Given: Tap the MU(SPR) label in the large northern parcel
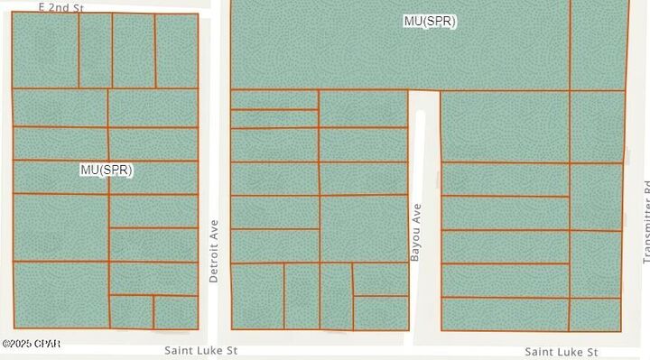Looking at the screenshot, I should pyautogui.click(x=429, y=21).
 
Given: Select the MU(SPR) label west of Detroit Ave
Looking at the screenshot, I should pyautogui.click(x=107, y=170).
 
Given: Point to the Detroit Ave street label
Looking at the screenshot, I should pyautogui.click(x=214, y=251).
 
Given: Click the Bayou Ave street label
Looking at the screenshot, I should pyautogui.click(x=416, y=233).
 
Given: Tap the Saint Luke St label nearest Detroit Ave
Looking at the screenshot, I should pyautogui.click(x=200, y=349).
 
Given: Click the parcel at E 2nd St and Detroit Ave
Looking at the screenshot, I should pyautogui.click(x=176, y=51).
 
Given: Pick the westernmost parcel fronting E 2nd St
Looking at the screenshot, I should pyautogui.click(x=45, y=51).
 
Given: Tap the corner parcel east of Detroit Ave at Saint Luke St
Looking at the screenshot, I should pyautogui.click(x=257, y=295).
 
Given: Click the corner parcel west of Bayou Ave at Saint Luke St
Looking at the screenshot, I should pyautogui.click(x=380, y=312).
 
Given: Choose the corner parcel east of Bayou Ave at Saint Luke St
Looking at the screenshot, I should pyautogui.click(x=504, y=314).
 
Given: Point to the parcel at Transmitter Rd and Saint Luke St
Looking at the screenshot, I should pyautogui.click(x=595, y=314).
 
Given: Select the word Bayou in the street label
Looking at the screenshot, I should pyautogui.click(x=416, y=245).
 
